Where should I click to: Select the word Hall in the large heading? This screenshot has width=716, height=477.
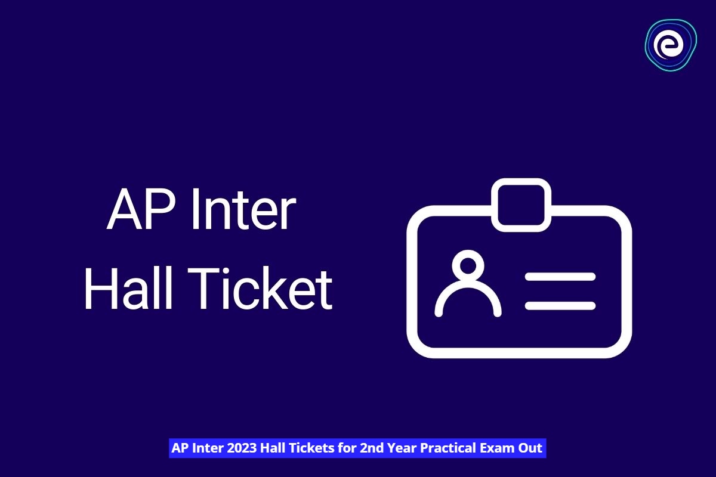128,290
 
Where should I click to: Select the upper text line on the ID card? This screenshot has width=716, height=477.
560,277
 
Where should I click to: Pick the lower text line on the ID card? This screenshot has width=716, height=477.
560,305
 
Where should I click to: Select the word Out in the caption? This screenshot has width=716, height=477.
530,448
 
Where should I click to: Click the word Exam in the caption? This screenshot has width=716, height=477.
498,448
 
